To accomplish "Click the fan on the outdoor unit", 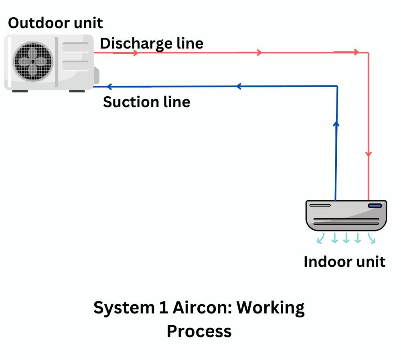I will tap(33, 62).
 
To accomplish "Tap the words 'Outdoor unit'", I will tap(55, 23).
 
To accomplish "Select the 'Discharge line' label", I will tap(151, 43).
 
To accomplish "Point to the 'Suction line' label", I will tap(146, 102).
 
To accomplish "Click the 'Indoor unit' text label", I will tap(344, 262).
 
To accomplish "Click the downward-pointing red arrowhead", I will tap(369, 155).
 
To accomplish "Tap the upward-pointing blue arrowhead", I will tap(336, 124).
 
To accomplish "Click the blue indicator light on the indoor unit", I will tap(375, 206).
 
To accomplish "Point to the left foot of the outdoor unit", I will tap(20, 91).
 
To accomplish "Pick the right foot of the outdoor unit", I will tap(77, 91).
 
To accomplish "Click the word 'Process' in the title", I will tap(199, 332).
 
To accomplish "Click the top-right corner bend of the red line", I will tap(369, 53).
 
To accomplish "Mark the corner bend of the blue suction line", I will tap(337, 86).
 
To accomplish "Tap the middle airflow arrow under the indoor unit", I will tap(346, 238).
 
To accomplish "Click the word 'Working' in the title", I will tap(270, 308).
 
